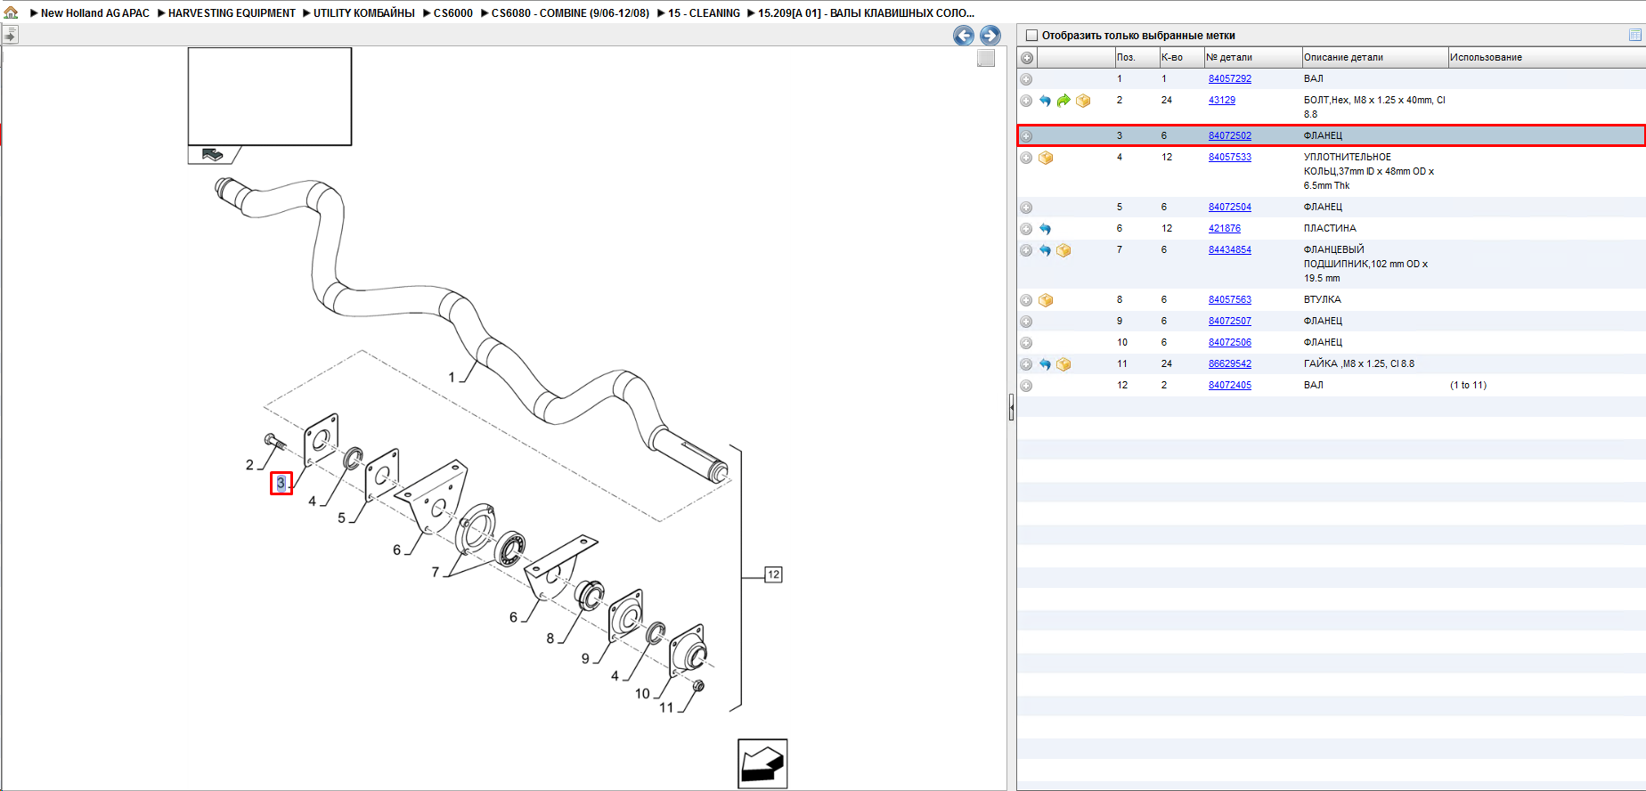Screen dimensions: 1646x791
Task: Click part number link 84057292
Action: pyautogui.click(x=1229, y=78)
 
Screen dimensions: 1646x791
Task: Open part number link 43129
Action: pyautogui.click(x=1221, y=100)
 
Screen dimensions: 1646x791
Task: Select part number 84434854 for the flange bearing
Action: pyautogui.click(x=1229, y=249)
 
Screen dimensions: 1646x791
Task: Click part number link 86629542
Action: pyautogui.click(x=1229, y=363)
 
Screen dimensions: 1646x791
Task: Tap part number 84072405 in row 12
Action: pyautogui.click(x=1229, y=385)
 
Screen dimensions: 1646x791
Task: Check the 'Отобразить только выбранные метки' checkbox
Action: pyautogui.click(x=1032, y=36)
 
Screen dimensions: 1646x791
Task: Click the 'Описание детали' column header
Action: pyautogui.click(x=1343, y=57)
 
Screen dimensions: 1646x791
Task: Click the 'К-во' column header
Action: pyautogui.click(x=1172, y=57)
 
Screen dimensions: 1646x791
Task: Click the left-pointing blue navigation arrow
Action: pyautogui.click(x=963, y=35)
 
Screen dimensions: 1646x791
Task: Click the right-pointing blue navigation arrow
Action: pyautogui.click(x=990, y=35)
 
